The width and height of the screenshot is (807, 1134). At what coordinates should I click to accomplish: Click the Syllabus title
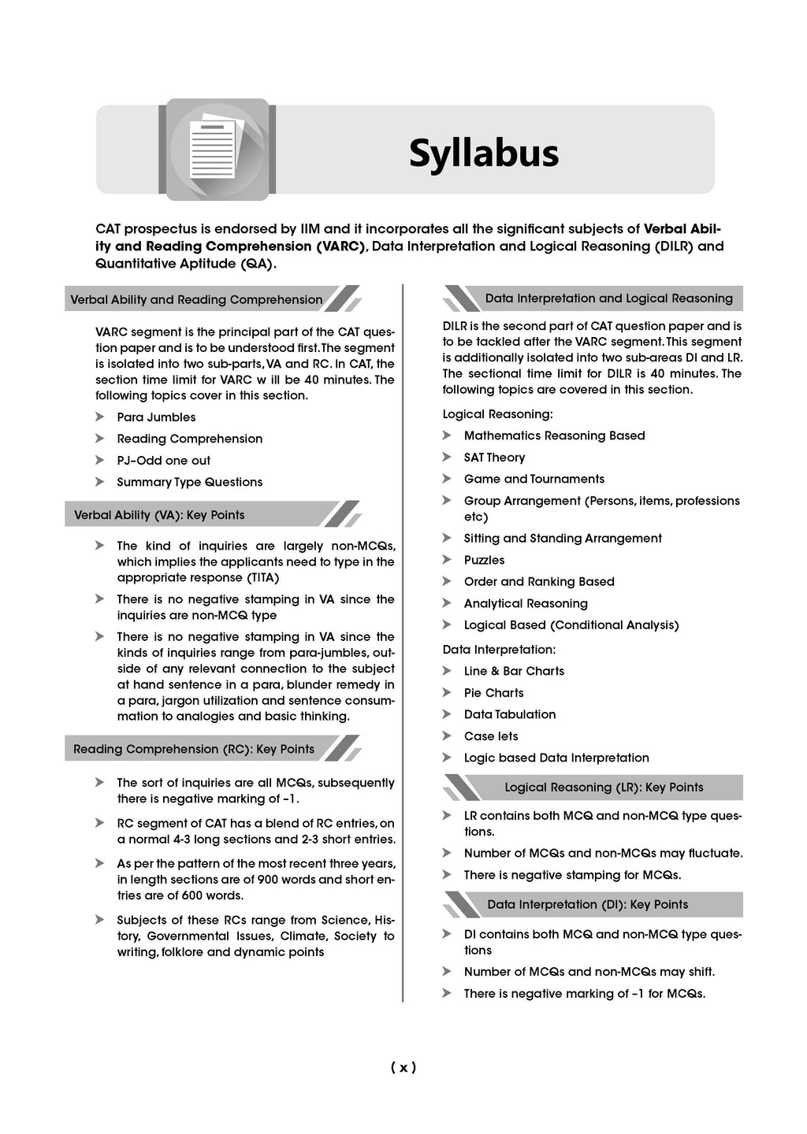click(483, 154)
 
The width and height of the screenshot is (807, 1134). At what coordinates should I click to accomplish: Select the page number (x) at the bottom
click(403, 1068)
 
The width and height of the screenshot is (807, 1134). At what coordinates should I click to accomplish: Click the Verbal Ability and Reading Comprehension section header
click(196, 300)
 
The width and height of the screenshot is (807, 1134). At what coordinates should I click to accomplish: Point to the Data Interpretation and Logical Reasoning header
click(608, 298)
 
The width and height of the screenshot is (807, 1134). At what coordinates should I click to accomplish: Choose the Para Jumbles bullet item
click(156, 417)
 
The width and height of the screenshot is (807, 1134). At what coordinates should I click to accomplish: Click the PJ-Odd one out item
click(163, 461)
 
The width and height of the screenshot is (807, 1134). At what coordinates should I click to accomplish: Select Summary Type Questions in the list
click(189, 482)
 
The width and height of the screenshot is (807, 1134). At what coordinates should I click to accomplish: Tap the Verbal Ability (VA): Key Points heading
click(159, 515)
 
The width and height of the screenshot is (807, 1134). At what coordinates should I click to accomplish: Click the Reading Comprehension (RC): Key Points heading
click(194, 749)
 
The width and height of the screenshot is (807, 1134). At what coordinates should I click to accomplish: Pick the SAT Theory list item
click(494, 458)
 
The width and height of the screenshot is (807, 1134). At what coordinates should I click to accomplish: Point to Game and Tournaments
click(534, 479)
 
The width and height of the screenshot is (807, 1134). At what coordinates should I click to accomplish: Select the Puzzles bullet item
click(484, 560)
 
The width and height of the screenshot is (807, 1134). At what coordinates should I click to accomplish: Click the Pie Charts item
click(493, 693)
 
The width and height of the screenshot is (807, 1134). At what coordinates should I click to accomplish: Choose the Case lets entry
click(491, 736)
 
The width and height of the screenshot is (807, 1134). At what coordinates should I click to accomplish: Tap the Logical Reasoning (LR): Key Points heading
click(604, 787)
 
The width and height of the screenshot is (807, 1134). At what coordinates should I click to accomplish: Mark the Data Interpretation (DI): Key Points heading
click(587, 905)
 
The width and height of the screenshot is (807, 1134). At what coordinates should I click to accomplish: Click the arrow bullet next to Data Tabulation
click(447, 714)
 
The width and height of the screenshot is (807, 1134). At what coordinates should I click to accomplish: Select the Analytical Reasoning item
click(526, 603)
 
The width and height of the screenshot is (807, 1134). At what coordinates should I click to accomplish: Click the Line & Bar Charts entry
click(514, 671)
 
